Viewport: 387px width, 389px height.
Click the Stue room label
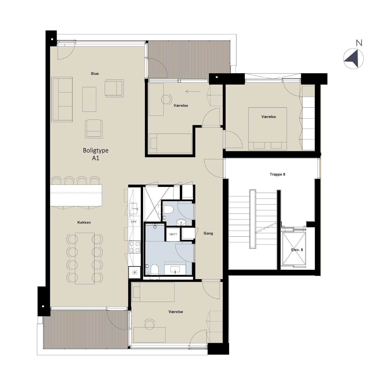(x=94, y=74)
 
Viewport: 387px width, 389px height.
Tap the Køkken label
(x=84, y=222)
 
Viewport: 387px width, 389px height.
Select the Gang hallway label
(x=208, y=233)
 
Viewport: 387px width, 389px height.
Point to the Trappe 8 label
(x=278, y=174)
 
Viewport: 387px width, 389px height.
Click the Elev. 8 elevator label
(x=297, y=250)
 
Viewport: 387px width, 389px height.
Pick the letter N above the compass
(x=359, y=43)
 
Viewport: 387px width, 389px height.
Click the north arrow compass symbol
(x=353, y=59)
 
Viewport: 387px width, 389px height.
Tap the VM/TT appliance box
(x=173, y=234)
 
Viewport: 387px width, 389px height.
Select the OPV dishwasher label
(x=134, y=222)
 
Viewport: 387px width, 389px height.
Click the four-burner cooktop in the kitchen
(x=134, y=247)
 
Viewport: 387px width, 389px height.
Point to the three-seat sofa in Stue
(x=62, y=99)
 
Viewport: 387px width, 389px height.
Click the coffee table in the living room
(x=89, y=99)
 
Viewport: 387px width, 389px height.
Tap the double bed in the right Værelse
(x=268, y=129)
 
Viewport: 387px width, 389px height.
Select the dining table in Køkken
(x=85, y=258)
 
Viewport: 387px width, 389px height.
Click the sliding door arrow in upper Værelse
(x=193, y=92)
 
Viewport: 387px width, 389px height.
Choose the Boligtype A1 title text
(x=96, y=154)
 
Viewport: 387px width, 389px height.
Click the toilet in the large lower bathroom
(x=155, y=269)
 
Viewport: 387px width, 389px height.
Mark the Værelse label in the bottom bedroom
(x=176, y=312)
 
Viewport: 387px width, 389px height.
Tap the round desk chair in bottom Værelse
(x=149, y=325)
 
